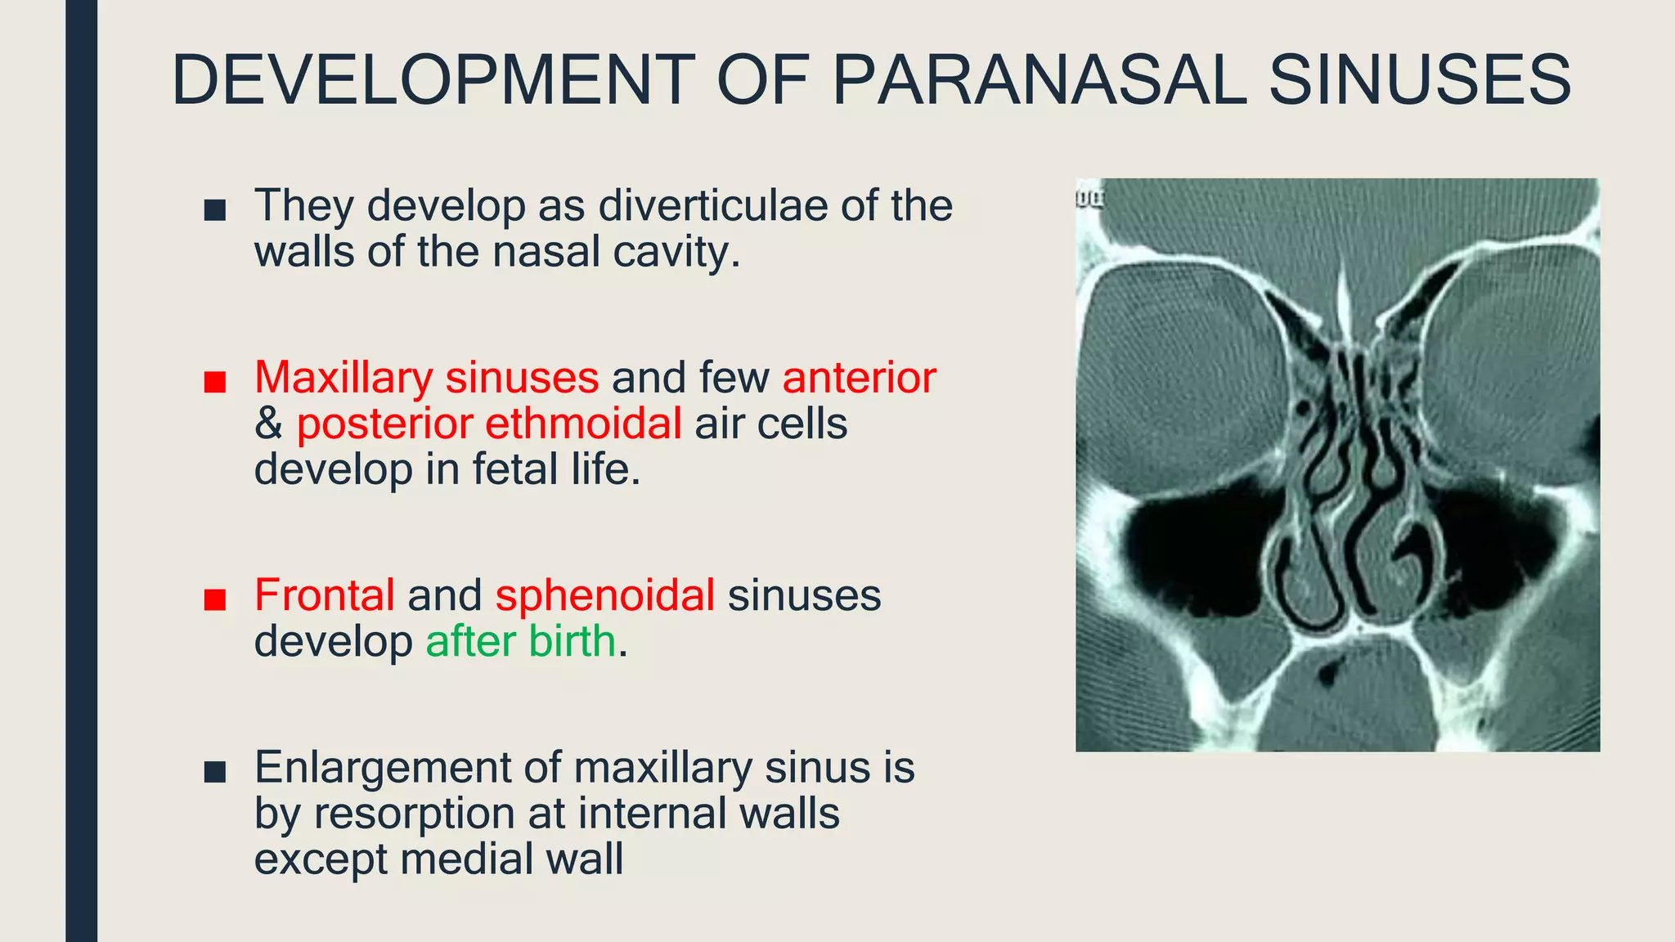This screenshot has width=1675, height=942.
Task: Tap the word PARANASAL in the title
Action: click(x=1039, y=80)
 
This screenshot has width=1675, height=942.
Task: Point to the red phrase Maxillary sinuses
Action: click(x=426, y=378)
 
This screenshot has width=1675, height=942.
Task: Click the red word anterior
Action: click(x=859, y=378)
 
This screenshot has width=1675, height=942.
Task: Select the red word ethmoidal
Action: click(x=583, y=424)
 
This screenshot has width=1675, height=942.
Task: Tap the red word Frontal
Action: click(x=325, y=594)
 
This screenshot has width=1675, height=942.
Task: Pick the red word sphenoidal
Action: click(x=605, y=594)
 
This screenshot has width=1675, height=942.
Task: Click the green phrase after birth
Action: click(x=520, y=641)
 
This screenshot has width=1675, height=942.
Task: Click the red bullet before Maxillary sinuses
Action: click(x=215, y=382)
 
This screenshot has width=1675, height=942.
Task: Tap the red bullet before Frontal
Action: click(x=215, y=599)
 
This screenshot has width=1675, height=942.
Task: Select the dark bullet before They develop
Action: click(x=215, y=210)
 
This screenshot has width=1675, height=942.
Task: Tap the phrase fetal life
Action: click(x=555, y=469)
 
